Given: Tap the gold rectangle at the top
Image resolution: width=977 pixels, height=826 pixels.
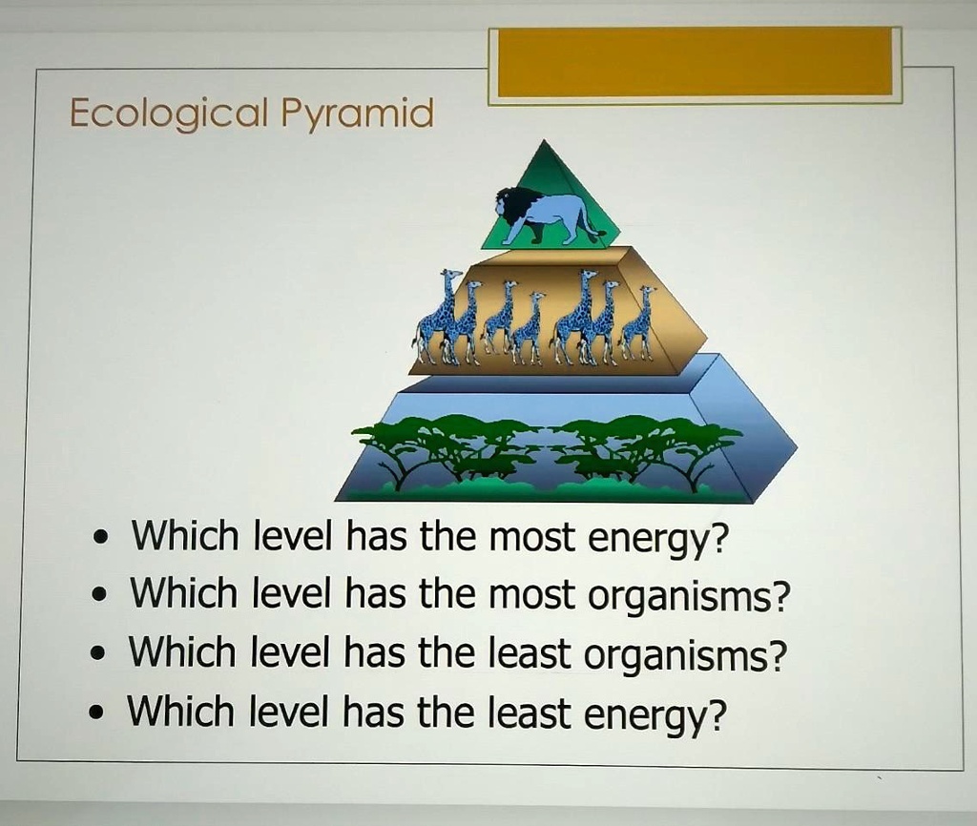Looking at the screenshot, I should [695, 62].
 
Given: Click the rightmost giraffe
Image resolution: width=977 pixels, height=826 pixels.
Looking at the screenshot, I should [637, 324].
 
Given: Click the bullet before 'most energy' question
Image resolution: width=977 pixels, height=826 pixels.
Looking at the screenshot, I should [100, 540].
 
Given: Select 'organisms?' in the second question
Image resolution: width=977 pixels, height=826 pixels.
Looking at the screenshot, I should [689, 597].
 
